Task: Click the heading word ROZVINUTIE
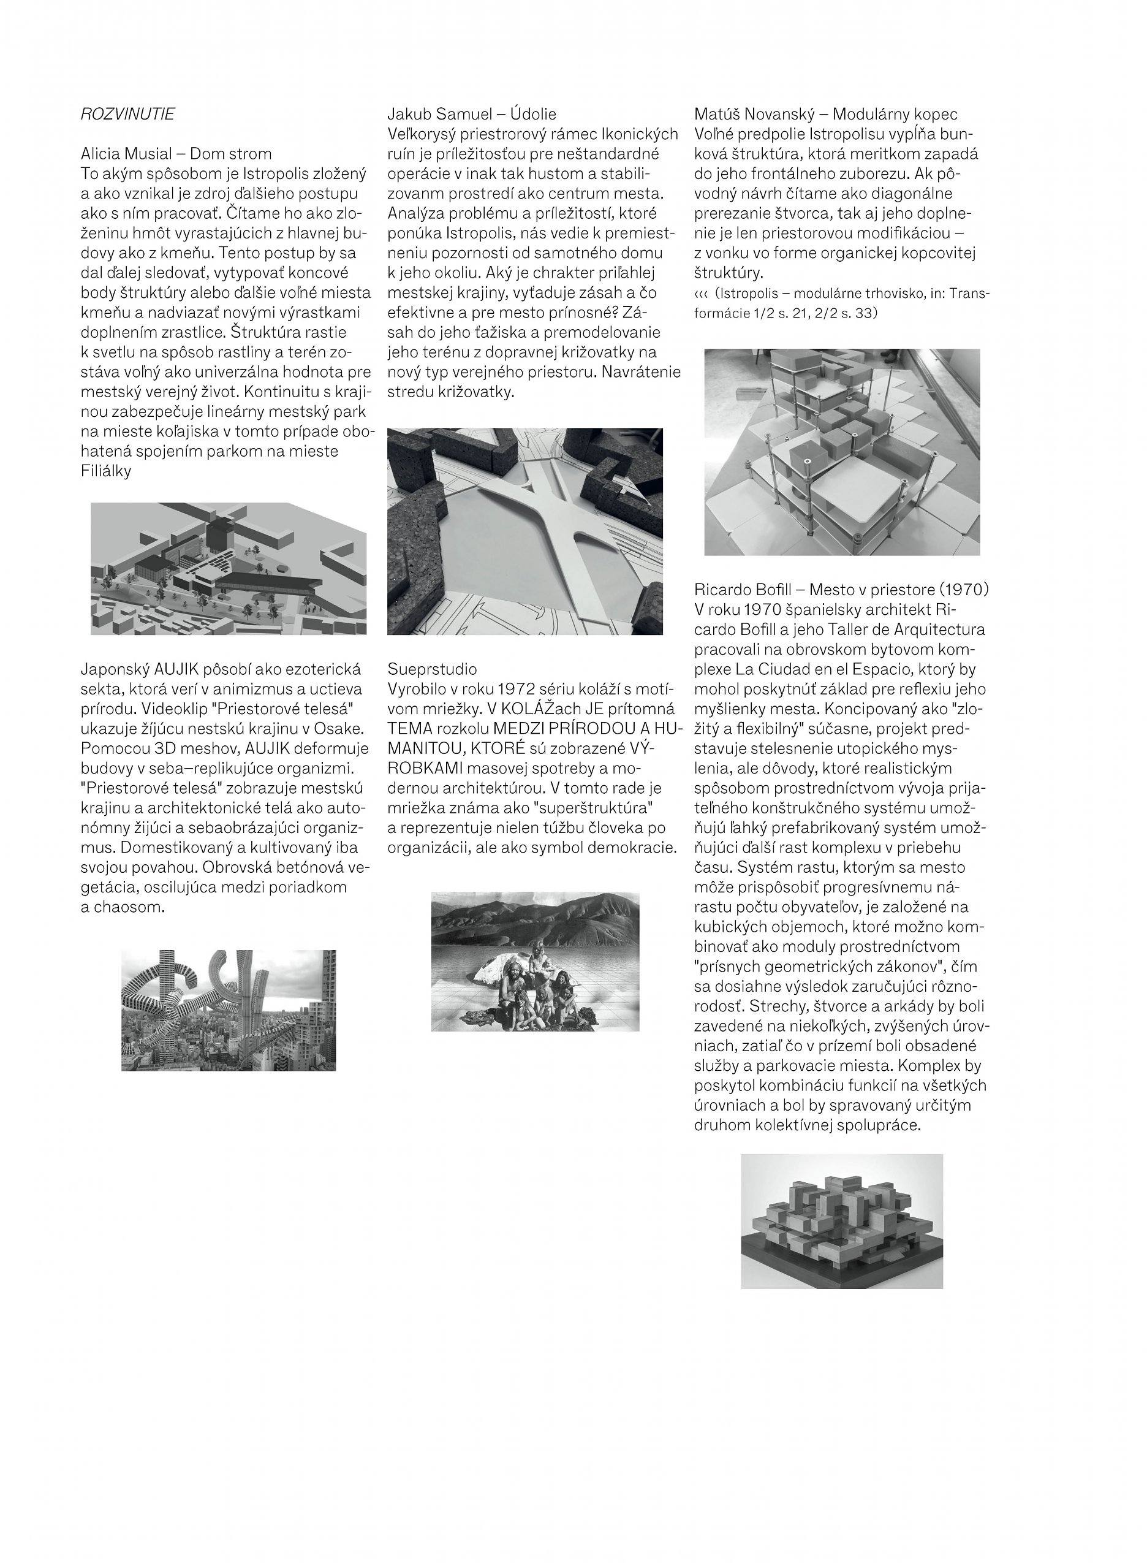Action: [x=128, y=114]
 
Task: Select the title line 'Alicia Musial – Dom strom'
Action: [x=176, y=153]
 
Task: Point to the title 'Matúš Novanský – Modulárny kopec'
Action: [x=825, y=114]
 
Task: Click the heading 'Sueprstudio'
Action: [x=432, y=669]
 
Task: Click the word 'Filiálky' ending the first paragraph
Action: [x=106, y=471]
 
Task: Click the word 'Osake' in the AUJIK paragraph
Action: [x=339, y=728]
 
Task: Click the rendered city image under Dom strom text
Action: [x=229, y=569]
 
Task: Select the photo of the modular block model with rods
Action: [x=841, y=451]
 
